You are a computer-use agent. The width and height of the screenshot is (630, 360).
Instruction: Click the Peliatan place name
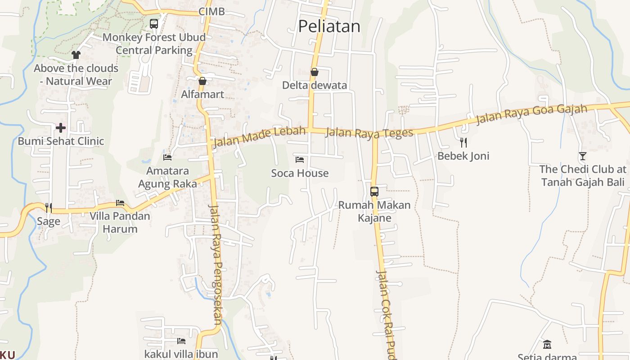tap(329, 26)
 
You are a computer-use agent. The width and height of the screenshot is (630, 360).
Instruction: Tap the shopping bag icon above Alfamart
tap(202, 81)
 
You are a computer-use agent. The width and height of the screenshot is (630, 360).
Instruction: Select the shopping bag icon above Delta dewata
tap(315, 72)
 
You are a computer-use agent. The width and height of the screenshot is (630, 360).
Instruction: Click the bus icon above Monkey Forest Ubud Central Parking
tap(154, 23)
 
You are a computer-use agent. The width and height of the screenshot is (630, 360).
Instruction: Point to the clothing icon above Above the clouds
tap(76, 55)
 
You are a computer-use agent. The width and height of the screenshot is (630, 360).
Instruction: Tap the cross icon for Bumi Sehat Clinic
tap(61, 128)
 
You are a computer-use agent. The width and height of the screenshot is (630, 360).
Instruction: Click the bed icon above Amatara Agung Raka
tap(167, 157)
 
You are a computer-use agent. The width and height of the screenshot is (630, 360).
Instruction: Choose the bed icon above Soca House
tap(300, 159)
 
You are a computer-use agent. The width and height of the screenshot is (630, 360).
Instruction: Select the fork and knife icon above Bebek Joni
tap(463, 143)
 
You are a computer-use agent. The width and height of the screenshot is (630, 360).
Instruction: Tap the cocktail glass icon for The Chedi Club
tap(583, 156)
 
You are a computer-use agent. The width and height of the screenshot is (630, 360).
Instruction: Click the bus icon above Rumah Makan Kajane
tap(374, 191)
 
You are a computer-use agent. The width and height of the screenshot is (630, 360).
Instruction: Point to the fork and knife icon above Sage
tap(49, 207)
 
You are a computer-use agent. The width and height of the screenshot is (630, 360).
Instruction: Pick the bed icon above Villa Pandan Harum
tap(120, 203)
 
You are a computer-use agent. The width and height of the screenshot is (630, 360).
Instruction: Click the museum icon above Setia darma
tap(547, 345)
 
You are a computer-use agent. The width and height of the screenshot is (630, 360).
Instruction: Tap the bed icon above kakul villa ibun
tap(181, 341)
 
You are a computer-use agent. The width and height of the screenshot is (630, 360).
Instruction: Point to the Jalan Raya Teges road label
tap(369, 133)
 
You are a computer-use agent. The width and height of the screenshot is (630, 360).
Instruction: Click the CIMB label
tap(211, 12)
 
